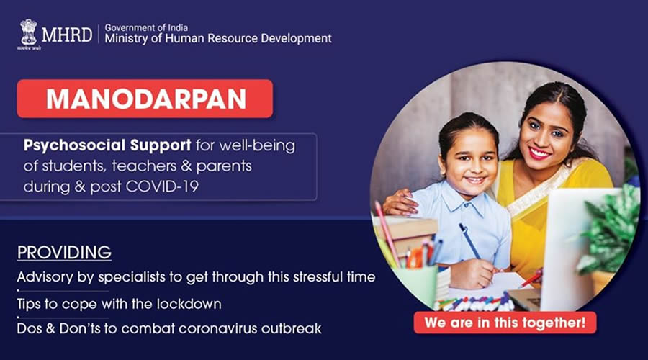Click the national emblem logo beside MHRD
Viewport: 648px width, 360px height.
[28, 32]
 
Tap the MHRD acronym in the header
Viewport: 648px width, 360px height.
[67, 35]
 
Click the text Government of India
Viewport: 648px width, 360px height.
[146, 27]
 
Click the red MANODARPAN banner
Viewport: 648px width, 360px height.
[145, 99]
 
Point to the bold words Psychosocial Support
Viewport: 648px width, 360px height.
[107, 145]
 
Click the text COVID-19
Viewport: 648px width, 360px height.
[162, 186]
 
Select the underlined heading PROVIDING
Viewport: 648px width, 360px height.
[65, 253]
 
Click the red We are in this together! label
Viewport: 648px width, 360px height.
[505, 323]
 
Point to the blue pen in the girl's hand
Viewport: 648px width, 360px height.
[470, 241]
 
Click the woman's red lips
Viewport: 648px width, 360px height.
[540, 153]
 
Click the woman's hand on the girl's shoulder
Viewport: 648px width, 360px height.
[399, 202]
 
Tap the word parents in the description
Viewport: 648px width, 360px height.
[224, 166]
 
